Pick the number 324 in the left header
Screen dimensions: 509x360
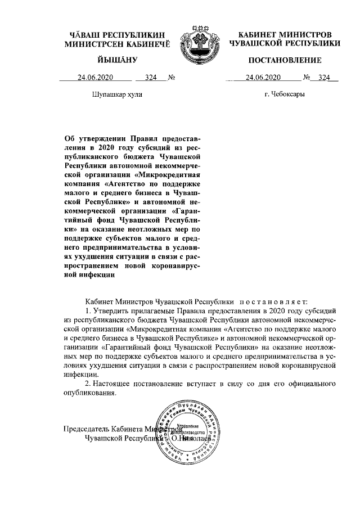(x=150, y=78)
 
